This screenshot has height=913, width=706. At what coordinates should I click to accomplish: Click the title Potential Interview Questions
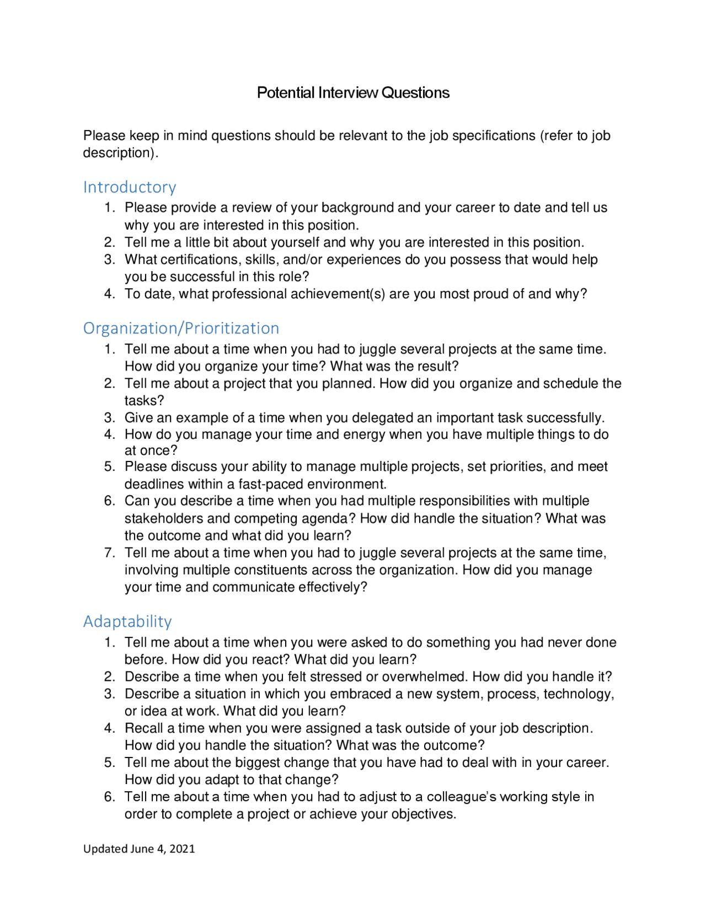pyautogui.click(x=353, y=93)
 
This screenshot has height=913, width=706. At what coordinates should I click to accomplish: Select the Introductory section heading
pyautogui.click(x=130, y=187)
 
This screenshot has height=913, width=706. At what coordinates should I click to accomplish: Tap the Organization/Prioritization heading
pyautogui.click(x=181, y=328)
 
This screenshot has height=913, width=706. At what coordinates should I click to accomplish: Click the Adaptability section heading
pyautogui.click(x=127, y=621)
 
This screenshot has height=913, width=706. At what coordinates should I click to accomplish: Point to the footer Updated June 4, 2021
pyautogui.click(x=139, y=848)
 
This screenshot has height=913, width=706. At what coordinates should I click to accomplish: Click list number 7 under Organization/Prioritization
pyautogui.click(x=109, y=552)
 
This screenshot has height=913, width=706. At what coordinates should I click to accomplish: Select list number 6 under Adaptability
pyautogui.click(x=109, y=797)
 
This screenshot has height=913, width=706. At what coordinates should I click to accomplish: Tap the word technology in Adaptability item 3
pyautogui.click(x=577, y=694)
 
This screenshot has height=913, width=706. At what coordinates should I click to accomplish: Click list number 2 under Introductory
pyautogui.click(x=109, y=243)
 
